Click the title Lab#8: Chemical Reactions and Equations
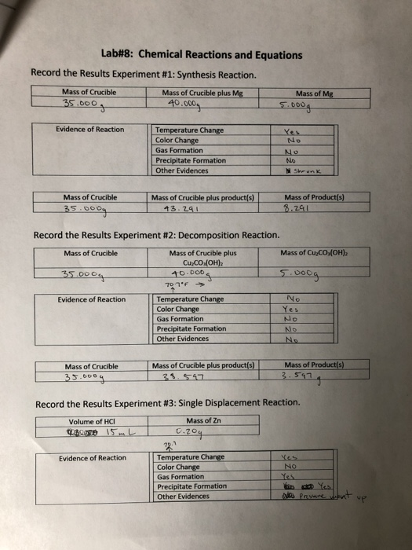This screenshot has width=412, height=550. pyautogui.click(x=201, y=55)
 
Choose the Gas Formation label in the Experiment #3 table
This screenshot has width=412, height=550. pyautogui.click(x=180, y=477)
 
